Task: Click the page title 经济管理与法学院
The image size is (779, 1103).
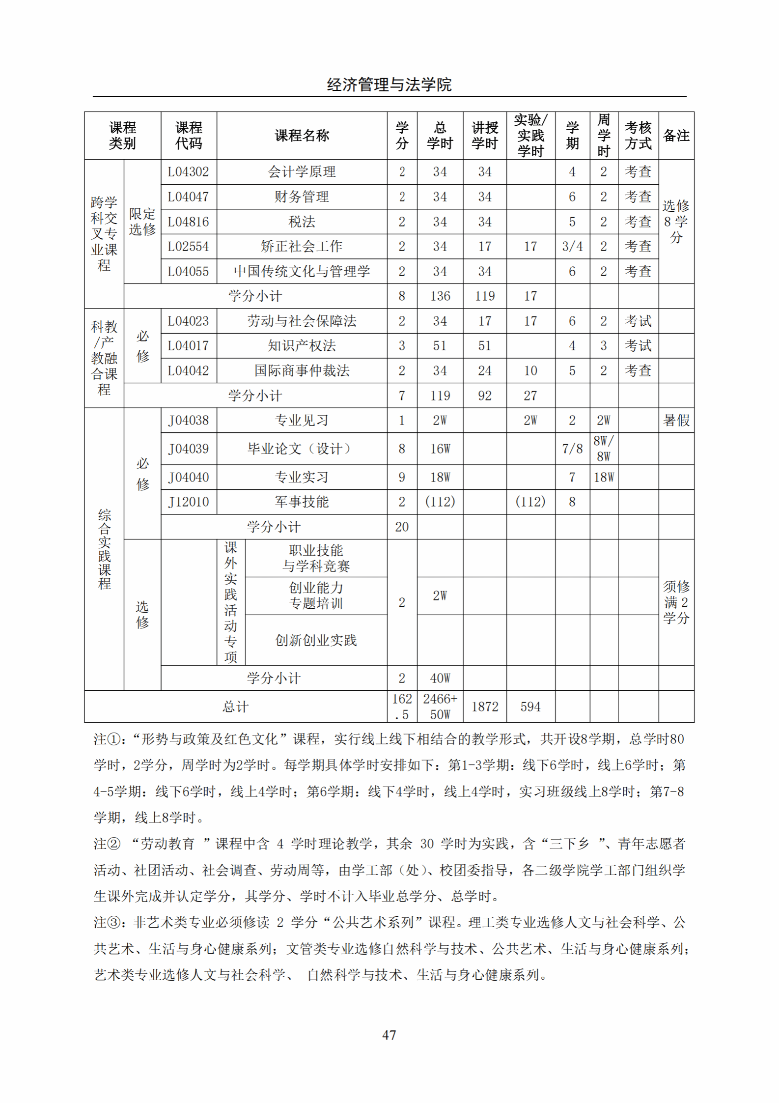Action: [x=389, y=85]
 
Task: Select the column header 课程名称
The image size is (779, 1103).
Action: [x=302, y=136]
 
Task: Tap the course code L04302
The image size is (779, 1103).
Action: [x=189, y=172]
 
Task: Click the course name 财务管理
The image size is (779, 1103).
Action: [x=302, y=197]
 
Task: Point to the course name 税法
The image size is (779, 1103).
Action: [x=302, y=222]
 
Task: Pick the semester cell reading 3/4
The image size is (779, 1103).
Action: [x=572, y=247]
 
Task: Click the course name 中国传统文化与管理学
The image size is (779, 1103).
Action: [x=302, y=272]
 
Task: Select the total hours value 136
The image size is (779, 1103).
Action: [x=440, y=296]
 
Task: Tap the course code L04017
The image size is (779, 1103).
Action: [x=189, y=346]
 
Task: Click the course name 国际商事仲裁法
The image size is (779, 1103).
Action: [x=302, y=371]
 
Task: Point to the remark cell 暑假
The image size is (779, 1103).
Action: [x=676, y=421]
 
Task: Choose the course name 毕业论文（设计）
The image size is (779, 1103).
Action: [x=302, y=449]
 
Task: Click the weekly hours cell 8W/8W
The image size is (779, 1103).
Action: [x=604, y=449]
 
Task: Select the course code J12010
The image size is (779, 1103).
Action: [x=189, y=502]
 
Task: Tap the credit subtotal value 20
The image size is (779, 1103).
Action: [x=402, y=527]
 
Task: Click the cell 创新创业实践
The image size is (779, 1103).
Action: [x=316, y=641]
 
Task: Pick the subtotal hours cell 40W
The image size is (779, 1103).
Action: [x=440, y=679]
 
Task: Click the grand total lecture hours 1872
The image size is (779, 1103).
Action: [x=485, y=707]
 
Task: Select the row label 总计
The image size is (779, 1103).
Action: [x=235, y=707]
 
